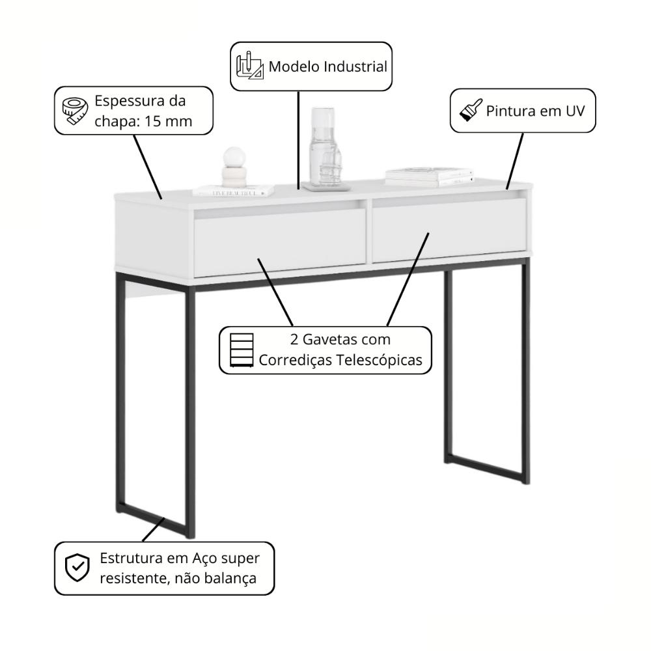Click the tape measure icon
(x=74, y=111)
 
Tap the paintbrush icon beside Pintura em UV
(x=470, y=110)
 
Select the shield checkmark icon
(x=77, y=568)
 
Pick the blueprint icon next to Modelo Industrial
(x=249, y=66)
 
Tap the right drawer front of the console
(x=449, y=229)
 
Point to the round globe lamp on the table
(x=234, y=158)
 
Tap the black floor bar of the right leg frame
(x=485, y=470)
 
